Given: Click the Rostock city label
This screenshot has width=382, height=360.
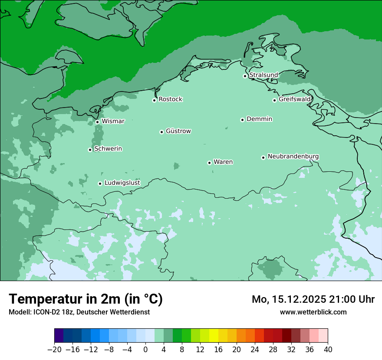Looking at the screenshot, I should pos(170,99).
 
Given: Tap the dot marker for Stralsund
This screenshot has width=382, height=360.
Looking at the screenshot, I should pos(245,76).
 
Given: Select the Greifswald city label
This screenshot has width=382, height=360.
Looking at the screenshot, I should pos(295,99).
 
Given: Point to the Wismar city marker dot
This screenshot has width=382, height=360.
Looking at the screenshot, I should pos(97,122).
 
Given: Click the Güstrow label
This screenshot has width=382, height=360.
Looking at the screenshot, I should pos(178,131).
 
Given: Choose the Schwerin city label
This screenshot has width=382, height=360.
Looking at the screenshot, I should pos(108,149).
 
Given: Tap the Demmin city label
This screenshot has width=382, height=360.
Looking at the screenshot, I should pos(259,119).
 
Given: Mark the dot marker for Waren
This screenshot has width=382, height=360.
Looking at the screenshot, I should pos(209,163).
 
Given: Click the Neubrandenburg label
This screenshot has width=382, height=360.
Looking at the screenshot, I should pos(293,156).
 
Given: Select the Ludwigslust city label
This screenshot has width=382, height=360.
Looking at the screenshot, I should pos(122,183).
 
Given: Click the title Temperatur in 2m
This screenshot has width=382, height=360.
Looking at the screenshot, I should pos(86,299).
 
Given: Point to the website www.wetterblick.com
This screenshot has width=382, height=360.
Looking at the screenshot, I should pos(313,312).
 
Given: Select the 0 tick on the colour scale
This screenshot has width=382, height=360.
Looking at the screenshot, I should pos(145,350).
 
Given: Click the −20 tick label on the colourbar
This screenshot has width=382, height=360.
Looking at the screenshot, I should pos(54,350).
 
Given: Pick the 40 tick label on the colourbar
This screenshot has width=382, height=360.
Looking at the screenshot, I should pos(328,350).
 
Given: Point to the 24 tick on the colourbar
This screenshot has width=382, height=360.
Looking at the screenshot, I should pos(255,350).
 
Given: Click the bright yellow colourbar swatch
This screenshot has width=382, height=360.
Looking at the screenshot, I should pos(214,336).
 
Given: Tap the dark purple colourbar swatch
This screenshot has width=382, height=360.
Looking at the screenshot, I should pos(59,336).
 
